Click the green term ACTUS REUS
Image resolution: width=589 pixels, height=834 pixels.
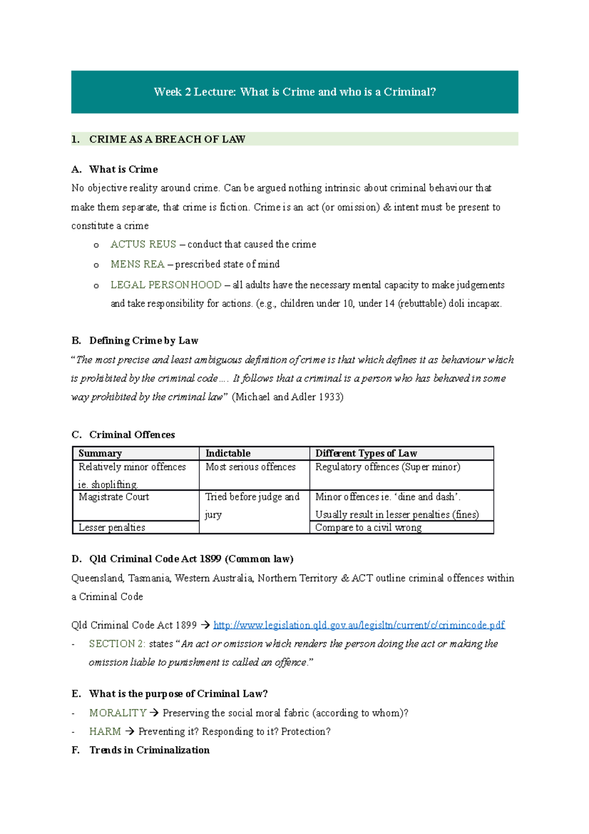point(143,244)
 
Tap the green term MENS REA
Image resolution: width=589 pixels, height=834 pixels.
point(137,264)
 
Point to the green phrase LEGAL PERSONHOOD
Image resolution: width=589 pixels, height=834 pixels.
point(166,285)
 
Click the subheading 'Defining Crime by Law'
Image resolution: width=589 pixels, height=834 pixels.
point(143,340)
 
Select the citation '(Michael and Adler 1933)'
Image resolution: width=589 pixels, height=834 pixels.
point(288,397)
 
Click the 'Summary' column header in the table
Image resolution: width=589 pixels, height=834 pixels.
point(100,453)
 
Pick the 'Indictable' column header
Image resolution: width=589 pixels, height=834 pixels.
point(228,453)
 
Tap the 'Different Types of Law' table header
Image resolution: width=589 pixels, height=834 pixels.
point(366,453)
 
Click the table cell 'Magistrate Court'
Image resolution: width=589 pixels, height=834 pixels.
point(114,497)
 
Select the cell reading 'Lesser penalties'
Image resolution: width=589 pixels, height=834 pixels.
point(112,528)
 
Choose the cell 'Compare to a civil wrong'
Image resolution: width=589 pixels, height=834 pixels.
point(368,528)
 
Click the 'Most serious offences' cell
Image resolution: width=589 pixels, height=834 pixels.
point(250,467)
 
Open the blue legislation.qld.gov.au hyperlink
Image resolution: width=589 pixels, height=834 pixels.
point(359,625)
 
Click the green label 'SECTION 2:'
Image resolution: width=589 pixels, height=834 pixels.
point(117,644)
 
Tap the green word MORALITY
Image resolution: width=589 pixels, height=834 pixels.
point(118,713)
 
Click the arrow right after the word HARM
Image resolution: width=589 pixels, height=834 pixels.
point(130,731)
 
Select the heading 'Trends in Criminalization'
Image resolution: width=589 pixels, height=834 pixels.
point(149,750)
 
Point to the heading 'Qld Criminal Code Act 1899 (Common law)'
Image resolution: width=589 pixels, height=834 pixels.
point(191,559)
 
